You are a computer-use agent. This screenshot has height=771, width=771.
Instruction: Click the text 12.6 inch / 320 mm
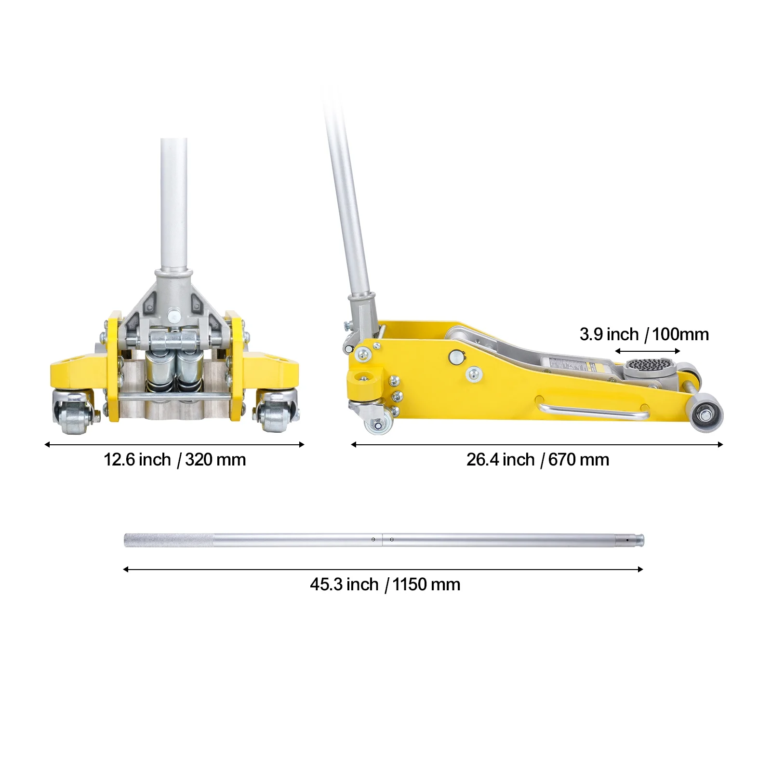174,460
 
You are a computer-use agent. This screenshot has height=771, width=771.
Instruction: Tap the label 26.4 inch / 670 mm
537,460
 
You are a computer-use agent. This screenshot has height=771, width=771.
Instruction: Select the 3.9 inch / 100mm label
644,334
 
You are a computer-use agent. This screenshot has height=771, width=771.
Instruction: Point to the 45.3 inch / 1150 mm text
385,585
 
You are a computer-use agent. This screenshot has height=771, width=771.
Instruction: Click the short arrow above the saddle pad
647,351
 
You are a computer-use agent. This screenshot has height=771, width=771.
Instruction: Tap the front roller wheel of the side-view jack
707,414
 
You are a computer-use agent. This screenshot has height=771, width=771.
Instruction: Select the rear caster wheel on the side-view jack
378,425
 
